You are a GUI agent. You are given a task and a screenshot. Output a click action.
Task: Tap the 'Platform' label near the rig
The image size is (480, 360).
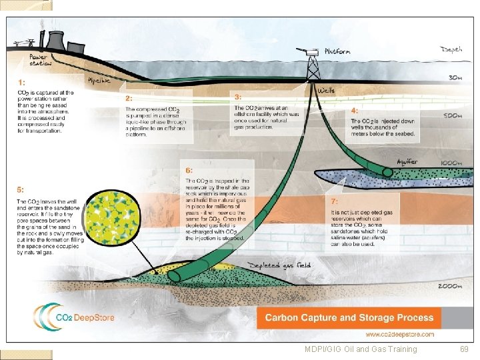[337, 51]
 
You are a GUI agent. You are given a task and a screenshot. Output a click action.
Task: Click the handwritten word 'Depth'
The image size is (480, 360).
[451, 49]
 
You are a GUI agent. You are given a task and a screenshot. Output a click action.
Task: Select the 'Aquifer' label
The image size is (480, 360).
[407, 161]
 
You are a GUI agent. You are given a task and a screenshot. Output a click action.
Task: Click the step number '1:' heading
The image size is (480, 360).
[21, 82]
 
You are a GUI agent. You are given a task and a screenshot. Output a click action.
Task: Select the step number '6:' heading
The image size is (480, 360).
[189, 171]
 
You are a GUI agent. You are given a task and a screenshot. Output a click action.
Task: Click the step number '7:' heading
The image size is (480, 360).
[335, 201]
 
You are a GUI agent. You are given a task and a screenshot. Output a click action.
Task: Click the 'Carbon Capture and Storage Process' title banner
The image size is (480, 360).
[349, 317]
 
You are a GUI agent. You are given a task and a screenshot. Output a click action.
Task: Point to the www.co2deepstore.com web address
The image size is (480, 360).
[399, 334]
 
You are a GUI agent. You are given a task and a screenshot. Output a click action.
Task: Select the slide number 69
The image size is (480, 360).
[465, 349]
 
